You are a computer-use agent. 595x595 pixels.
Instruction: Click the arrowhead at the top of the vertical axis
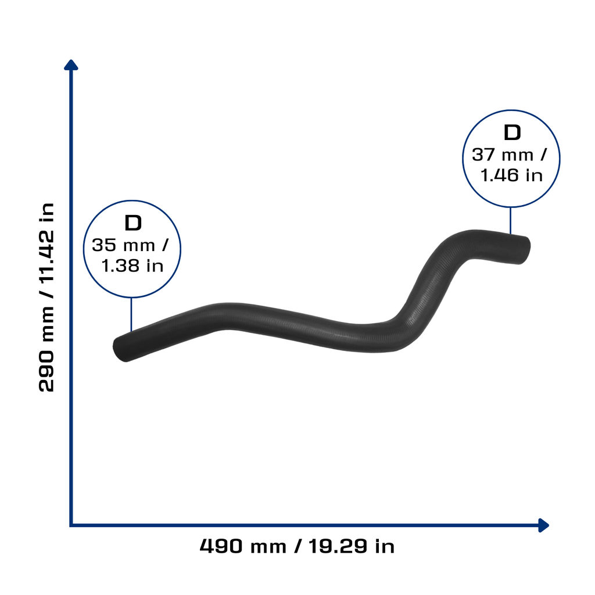click(x=71, y=65)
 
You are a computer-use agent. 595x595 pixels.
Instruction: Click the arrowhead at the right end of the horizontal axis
click(x=543, y=525)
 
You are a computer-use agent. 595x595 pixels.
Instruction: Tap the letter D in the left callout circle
click(x=133, y=223)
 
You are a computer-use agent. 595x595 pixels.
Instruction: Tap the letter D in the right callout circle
click(x=512, y=133)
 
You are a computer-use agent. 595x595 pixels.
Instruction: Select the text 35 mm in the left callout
click(x=123, y=245)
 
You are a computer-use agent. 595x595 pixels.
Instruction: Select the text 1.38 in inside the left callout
click(x=132, y=266)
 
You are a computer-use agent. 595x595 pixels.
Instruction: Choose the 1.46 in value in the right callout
click(x=511, y=175)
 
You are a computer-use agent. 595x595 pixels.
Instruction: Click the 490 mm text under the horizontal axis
click(x=243, y=546)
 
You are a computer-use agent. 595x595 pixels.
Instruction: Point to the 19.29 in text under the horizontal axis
click(x=352, y=546)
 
